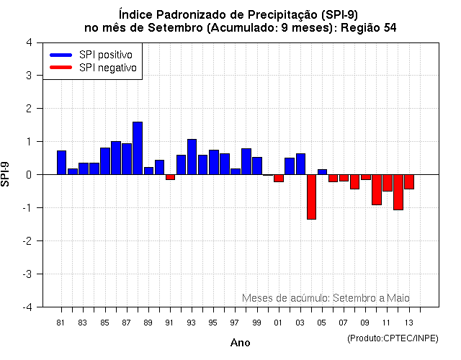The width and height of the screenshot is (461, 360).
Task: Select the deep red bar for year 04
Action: [x=311, y=197]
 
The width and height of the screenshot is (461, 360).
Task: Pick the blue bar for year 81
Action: [x=61, y=163]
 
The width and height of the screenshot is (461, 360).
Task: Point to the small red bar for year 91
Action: [x=170, y=177]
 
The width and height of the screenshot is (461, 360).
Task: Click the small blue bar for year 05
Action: [x=322, y=172]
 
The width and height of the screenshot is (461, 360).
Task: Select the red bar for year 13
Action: [x=409, y=181]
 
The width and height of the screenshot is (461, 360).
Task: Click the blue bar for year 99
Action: [x=257, y=166]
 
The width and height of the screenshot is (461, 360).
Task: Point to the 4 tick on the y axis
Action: [x=28, y=42]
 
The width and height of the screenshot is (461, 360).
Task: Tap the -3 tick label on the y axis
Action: [x=26, y=274]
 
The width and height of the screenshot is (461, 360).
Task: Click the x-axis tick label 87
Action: [x=126, y=322]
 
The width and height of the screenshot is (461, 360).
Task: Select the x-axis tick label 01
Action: [x=278, y=322]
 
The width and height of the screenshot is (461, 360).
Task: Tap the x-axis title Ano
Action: [x=241, y=343]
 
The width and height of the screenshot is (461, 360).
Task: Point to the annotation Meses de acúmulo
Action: [x=285, y=297]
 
